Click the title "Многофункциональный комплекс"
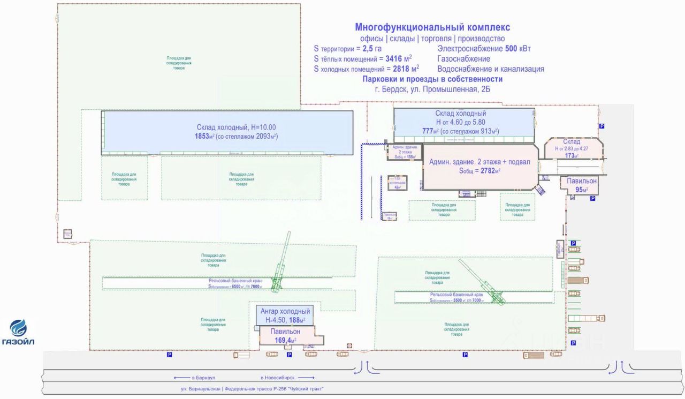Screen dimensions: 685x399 click(432, 27)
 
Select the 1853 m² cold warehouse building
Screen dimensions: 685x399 click(227, 132)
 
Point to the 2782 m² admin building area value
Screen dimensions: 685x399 click(479, 171)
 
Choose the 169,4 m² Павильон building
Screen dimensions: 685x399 click(285, 336)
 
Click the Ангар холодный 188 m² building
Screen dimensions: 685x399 click(285, 315)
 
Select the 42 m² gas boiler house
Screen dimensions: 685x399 click(397, 182)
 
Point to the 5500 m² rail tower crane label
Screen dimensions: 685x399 click(456, 298)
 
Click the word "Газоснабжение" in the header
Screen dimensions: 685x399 click(463, 59)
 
